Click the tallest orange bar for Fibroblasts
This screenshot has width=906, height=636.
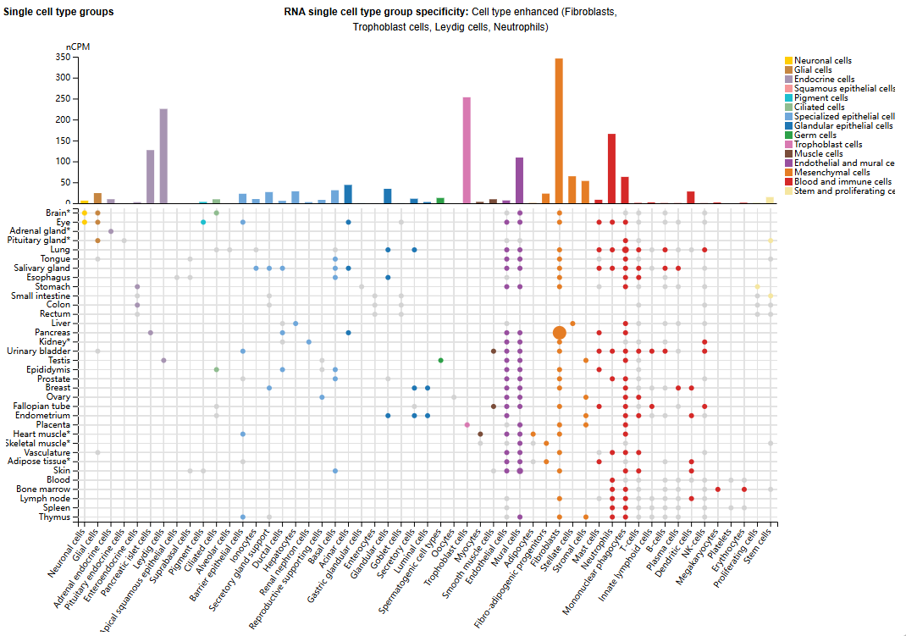point(559,131)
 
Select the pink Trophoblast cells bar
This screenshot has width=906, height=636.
point(467,151)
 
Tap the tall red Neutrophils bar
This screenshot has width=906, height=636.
point(611,169)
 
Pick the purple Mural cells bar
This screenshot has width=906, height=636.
point(519,180)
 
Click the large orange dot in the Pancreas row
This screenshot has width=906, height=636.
point(559,333)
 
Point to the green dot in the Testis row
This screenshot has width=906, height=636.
point(440,360)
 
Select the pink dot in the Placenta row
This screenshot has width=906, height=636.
point(467,424)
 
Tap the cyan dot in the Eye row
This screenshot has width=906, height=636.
point(203,222)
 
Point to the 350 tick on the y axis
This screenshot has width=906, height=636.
point(62,58)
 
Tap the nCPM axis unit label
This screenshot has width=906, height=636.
point(78,47)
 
